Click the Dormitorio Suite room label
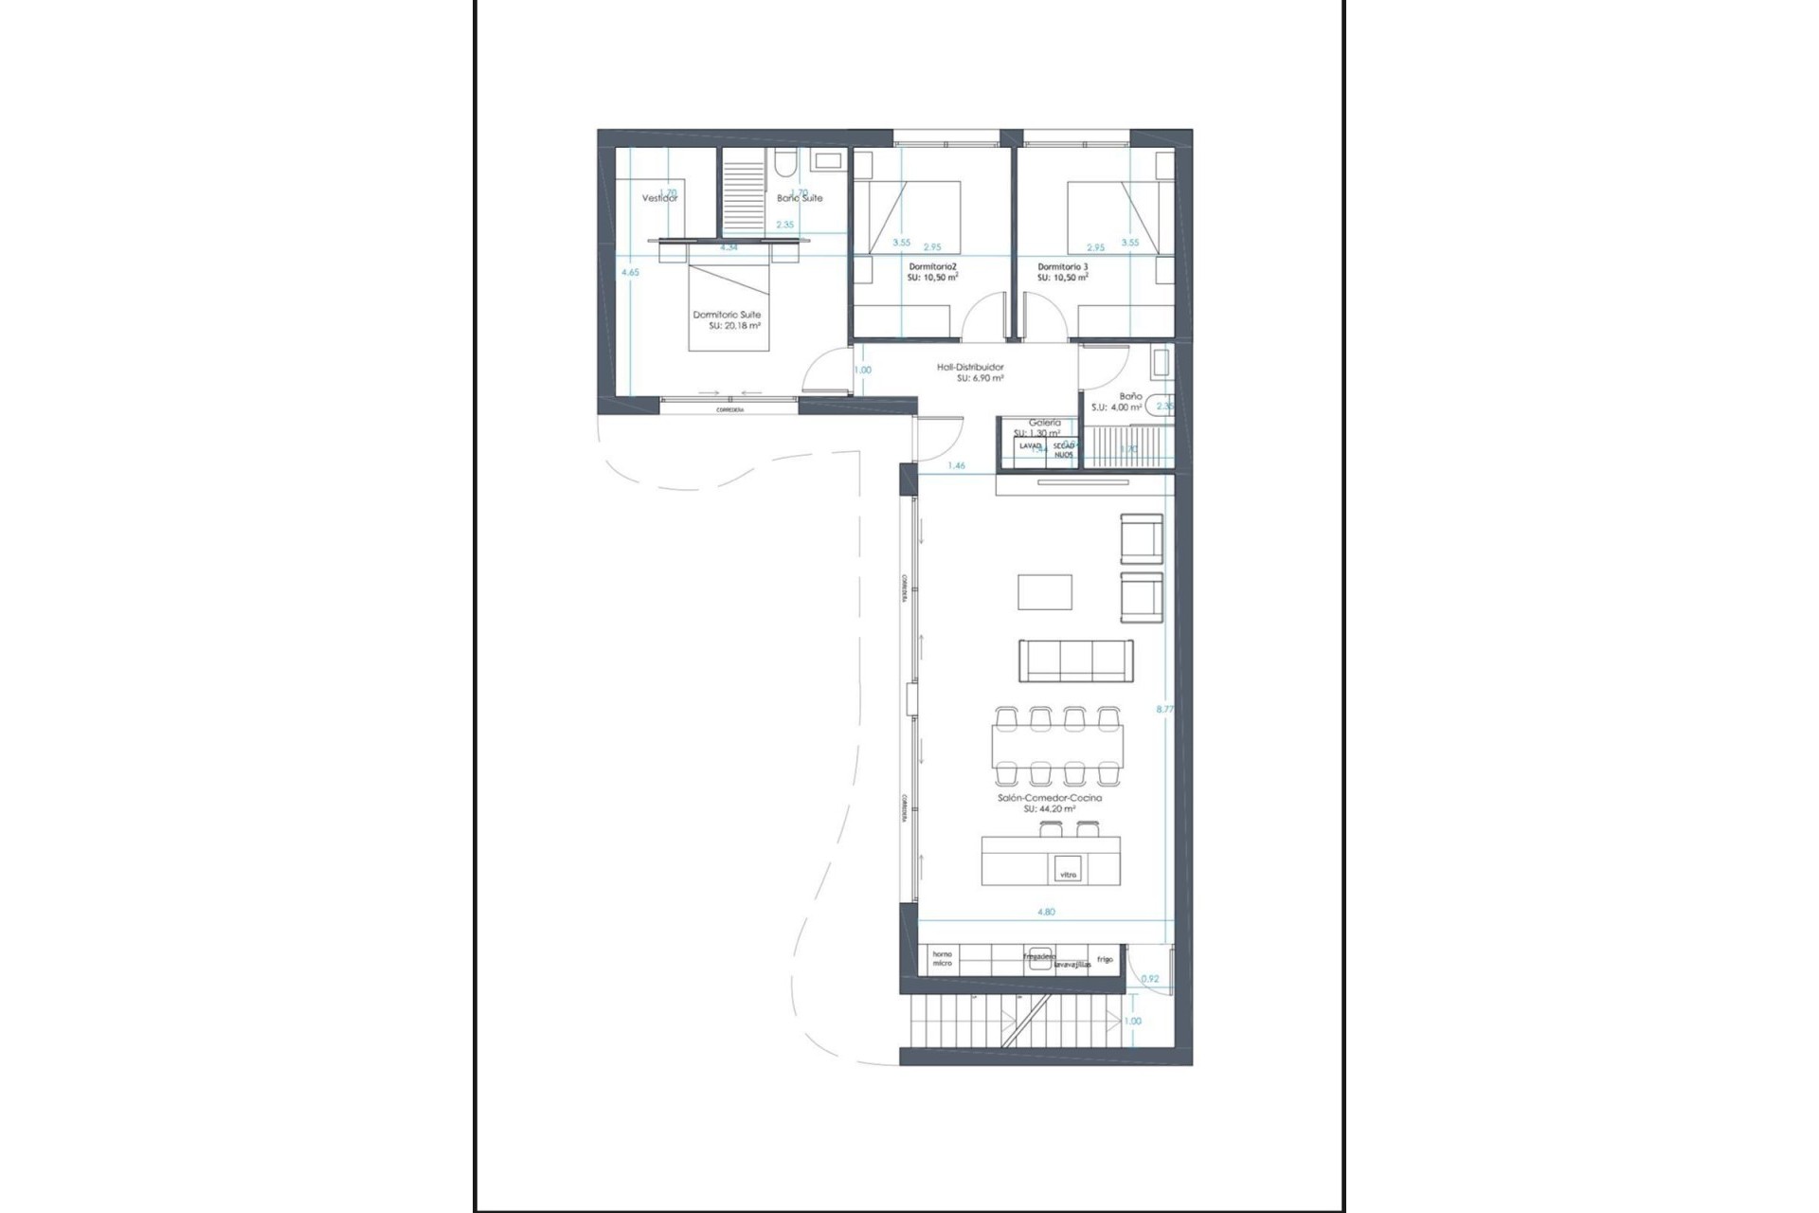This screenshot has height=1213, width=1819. coord(727,315)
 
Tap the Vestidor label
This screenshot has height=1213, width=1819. coord(659,198)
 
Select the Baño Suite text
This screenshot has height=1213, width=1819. coord(800,198)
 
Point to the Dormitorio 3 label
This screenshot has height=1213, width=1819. coord(1062,267)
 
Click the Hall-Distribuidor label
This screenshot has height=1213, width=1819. coord(970,367)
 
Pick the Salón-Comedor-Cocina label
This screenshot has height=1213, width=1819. coord(1049,798)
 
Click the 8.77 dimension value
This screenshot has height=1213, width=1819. coord(1165,708)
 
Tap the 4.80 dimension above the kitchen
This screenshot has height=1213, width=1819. coord(1046,912)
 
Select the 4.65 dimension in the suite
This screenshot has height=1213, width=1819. coord(630,272)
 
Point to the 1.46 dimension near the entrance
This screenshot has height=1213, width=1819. coord(957,465)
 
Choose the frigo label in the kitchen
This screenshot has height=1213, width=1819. coord(1105,959)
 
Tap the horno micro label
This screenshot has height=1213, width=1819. coord(942,958)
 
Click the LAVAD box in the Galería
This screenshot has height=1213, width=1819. coord(1030,445)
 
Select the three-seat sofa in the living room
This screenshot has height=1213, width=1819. coord(1075,661)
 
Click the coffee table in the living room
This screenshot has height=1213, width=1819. coord(1045,592)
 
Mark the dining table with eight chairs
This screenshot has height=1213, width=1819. coord(1057,746)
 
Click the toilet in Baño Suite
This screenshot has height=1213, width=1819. coord(783,167)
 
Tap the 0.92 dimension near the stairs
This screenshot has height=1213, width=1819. coord(1150,979)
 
